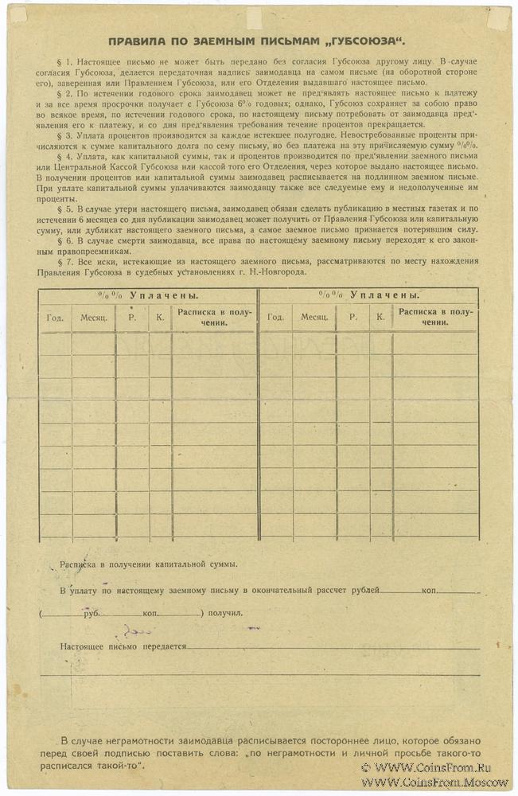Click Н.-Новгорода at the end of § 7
tap(283, 273)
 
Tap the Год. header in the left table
tap(55, 317)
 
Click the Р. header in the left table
tap(131, 317)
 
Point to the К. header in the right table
tap(380, 317)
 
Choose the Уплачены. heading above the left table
tap(168, 295)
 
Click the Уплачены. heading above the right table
tap(388, 295)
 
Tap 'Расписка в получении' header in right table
tap(434, 317)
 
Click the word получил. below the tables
tap(226, 615)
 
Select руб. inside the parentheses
tap(91, 615)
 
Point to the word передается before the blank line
tap(162, 647)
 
